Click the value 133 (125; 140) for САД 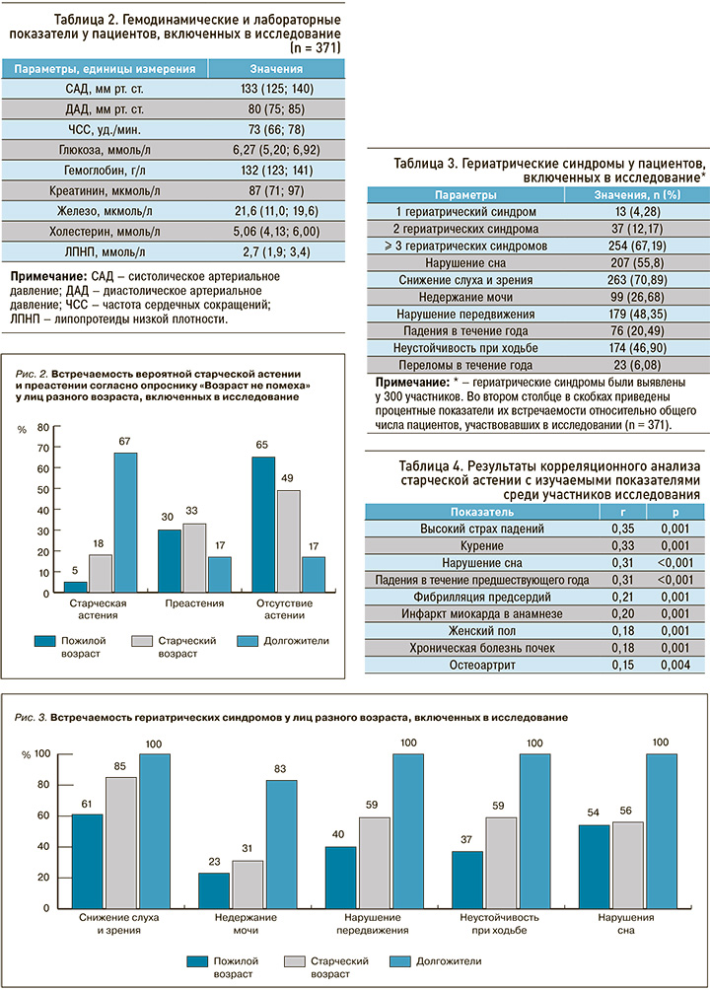[277, 89]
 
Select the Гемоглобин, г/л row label [105, 171]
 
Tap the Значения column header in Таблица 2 [276, 69]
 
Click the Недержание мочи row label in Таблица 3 [465, 297]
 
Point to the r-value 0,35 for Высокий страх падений [623, 529]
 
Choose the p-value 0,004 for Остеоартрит [675, 665]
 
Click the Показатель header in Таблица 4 [482, 512]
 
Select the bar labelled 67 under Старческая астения [125, 523]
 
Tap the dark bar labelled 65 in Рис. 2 [263, 525]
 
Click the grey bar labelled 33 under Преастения [194, 558]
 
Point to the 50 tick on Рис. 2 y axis [43, 489]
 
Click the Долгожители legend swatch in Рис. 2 [247, 641]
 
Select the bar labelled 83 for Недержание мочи [282, 845]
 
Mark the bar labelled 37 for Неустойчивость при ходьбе [466, 881]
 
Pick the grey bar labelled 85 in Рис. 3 [121, 843]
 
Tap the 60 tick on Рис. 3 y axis [43, 815]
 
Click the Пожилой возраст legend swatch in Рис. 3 [197, 961]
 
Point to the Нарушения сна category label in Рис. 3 [626, 924]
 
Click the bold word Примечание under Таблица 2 [48, 276]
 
